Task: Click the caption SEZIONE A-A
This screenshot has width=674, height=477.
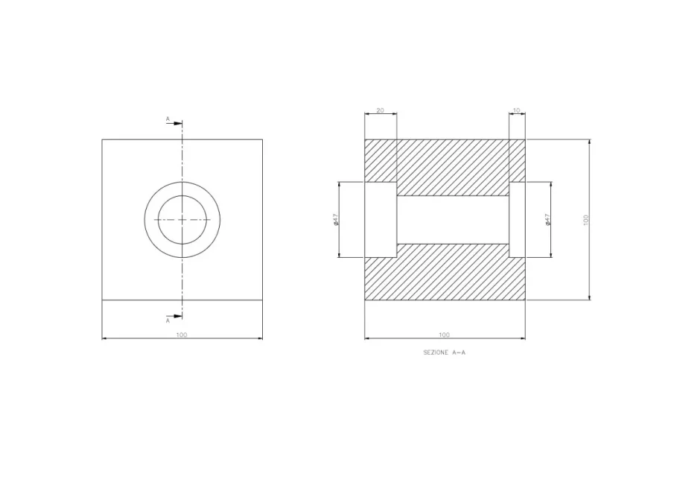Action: (x=444, y=353)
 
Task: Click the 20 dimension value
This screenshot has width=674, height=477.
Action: (x=380, y=110)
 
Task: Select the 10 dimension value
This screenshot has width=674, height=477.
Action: (x=517, y=110)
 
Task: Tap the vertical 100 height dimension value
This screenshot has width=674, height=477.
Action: (x=585, y=220)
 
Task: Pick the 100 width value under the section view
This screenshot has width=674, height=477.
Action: (x=444, y=335)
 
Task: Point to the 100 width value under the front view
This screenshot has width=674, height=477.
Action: (x=182, y=335)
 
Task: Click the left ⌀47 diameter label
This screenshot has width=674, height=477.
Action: (x=336, y=220)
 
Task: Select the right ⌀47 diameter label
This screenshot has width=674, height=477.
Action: (x=547, y=220)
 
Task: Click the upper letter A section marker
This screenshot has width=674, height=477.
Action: (x=168, y=119)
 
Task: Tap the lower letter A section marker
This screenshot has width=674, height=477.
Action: (x=168, y=321)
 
